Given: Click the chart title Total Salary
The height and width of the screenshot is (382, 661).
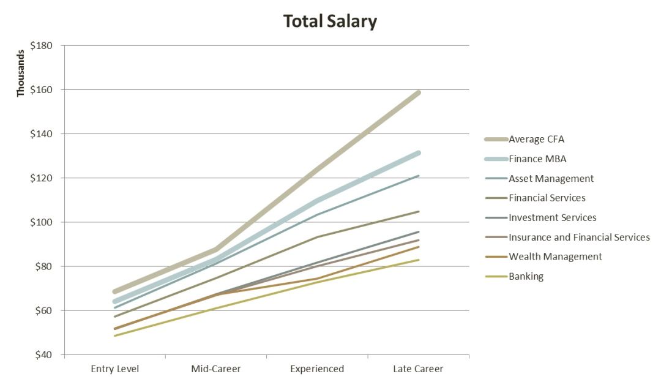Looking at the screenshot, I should [330, 22].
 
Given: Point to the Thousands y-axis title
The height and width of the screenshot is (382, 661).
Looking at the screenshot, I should [21, 72].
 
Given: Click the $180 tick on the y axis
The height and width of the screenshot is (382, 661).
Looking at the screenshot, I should [42, 46].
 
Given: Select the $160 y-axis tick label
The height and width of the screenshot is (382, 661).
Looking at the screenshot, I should [42, 90].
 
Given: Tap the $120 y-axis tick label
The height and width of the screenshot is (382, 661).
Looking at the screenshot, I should [42, 178].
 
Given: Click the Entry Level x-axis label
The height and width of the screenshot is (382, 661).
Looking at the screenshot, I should [115, 369].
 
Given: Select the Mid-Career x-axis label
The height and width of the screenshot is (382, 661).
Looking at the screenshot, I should [216, 369].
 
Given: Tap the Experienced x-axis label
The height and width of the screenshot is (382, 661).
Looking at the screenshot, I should [317, 369].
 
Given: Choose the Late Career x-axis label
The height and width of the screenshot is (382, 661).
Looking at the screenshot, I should [419, 369].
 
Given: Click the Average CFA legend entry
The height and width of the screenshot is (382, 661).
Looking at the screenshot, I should [536, 140].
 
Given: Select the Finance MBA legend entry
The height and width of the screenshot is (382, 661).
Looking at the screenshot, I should [537, 159].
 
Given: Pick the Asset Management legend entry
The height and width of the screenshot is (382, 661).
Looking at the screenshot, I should [551, 179].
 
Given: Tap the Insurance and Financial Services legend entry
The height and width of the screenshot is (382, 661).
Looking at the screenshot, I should [579, 238].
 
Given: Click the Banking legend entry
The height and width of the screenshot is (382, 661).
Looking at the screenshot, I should [526, 277].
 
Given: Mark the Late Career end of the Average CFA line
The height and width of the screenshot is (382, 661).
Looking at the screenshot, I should [419, 92].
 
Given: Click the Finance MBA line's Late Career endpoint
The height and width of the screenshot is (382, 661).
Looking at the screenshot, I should [419, 153].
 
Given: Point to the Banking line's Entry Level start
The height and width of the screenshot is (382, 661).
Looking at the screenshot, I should [114, 335].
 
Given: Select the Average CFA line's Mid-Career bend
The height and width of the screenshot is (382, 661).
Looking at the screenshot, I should [216, 249].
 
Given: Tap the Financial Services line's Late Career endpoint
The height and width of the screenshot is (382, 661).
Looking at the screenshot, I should [419, 211].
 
